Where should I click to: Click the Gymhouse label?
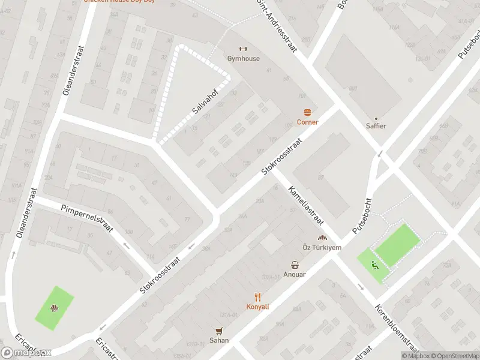tap(243, 59)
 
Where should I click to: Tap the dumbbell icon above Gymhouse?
tap(243, 49)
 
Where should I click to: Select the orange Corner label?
tap(308, 122)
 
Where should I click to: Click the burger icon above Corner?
tap(308, 112)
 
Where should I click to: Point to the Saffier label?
tap(376, 126)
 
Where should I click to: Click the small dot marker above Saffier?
tap(376, 118)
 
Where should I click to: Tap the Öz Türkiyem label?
tap(322, 248)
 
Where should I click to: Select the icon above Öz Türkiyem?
tap(322, 238)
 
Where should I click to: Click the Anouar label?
tap(295, 274)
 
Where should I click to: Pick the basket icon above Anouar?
tap(295, 265)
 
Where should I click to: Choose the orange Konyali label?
tap(258, 307)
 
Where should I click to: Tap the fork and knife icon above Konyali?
tap(258, 296)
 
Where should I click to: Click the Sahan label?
tap(219, 340)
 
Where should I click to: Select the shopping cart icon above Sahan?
tap(219, 331)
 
